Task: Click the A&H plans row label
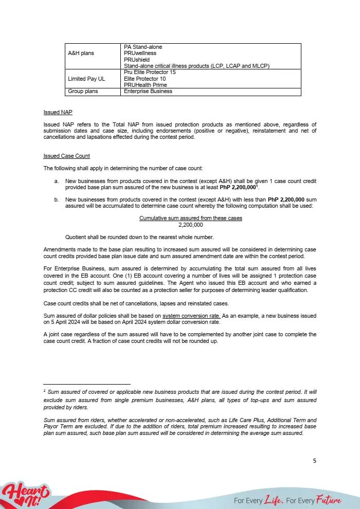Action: [81, 53]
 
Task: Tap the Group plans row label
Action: [82, 92]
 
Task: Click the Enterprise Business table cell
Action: [148, 92]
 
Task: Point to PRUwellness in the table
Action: [140, 53]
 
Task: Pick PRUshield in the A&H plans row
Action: [137, 60]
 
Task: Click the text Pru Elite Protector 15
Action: [150, 72]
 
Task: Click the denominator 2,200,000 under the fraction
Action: [190, 225]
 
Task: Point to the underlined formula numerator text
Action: [190, 219]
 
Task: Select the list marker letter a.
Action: [56, 181]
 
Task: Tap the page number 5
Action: [315, 461]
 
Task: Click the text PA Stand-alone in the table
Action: [143, 47]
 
